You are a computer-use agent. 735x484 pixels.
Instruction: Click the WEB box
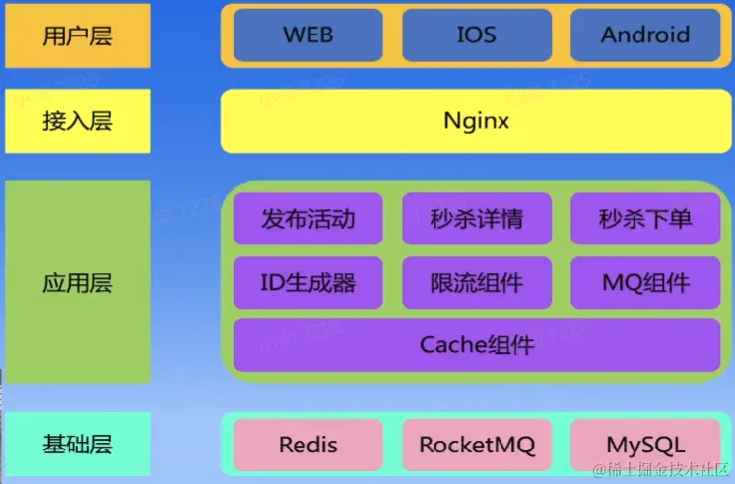(x=308, y=35)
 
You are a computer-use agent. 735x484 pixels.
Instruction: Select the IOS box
(x=477, y=35)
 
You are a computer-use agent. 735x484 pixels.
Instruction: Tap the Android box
(x=645, y=35)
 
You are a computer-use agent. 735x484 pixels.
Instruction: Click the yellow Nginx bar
(x=477, y=121)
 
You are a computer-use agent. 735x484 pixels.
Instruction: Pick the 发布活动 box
(x=308, y=219)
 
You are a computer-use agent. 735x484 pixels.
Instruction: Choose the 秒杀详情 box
(x=477, y=219)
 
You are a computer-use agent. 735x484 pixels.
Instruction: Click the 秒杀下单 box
(x=645, y=219)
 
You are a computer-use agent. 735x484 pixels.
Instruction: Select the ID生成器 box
(x=308, y=284)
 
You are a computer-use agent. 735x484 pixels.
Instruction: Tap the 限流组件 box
(x=477, y=284)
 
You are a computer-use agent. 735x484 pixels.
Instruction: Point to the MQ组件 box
(x=645, y=284)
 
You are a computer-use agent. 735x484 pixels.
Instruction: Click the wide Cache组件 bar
(x=477, y=345)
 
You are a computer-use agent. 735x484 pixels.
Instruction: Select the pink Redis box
(x=308, y=445)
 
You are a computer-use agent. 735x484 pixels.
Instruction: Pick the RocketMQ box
(x=477, y=445)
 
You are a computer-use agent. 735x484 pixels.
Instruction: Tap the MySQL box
(x=645, y=445)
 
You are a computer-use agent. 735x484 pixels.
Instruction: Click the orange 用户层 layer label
(x=78, y=36)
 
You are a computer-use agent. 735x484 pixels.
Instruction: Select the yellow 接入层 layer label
(x=78, y=121)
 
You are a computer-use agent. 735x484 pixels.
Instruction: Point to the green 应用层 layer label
(x=78, y=283)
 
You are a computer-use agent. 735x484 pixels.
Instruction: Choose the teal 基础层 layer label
(x=78, y=445)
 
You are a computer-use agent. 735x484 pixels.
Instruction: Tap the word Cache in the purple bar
(x=448, y=345)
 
